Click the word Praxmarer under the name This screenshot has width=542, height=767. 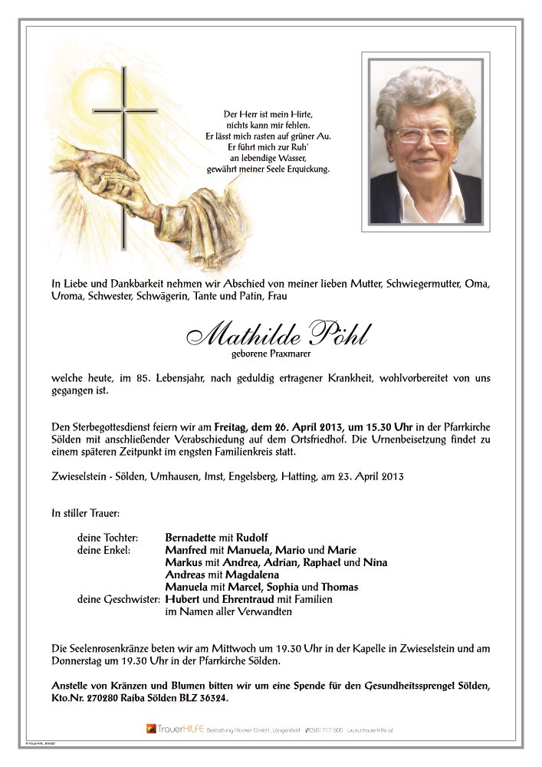pos(291,354)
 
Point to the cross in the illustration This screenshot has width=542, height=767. pos(123,153)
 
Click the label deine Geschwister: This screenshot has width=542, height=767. pos(118,599)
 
